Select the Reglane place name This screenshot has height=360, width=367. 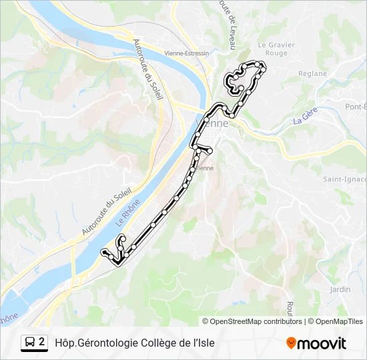point(312,74)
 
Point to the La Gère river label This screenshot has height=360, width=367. point(304,118)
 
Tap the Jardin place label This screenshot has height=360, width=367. point(340,289)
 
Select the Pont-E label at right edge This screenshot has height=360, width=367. point(355,107)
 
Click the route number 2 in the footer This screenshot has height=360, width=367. point(42,343)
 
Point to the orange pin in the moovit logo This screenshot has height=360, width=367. point(291,343)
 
